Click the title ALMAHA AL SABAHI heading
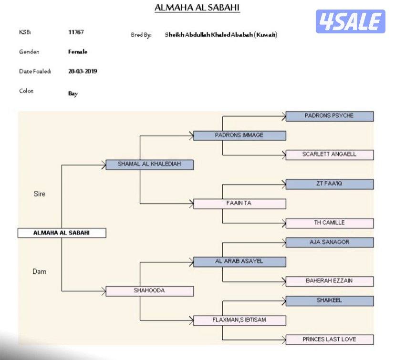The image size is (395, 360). click(197, 8)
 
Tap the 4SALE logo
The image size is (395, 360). click(350, 21)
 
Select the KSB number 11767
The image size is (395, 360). click(76, 32)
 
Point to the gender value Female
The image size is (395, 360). click(78, 51)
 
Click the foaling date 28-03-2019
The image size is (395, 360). click(83, 72)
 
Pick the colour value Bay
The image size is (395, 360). click(73, 93)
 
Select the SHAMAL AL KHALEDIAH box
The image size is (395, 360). click(149, 164)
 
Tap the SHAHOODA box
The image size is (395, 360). click(149, 290)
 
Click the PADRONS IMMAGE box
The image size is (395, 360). click(239, 135)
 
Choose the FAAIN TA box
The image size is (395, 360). click(239, 204)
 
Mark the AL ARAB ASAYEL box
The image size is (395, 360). click(239, 261)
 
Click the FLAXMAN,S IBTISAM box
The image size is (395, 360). click(239, 320)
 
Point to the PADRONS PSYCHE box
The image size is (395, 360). click(329, 116)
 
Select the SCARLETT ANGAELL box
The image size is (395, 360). click(329, 154)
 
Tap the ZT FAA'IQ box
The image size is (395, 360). click(329, 184)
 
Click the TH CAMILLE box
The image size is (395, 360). click(329, 223)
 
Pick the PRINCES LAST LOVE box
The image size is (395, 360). click(329, 339)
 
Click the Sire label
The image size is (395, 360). click(40, 194)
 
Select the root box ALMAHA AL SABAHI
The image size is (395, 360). click(62, 233)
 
